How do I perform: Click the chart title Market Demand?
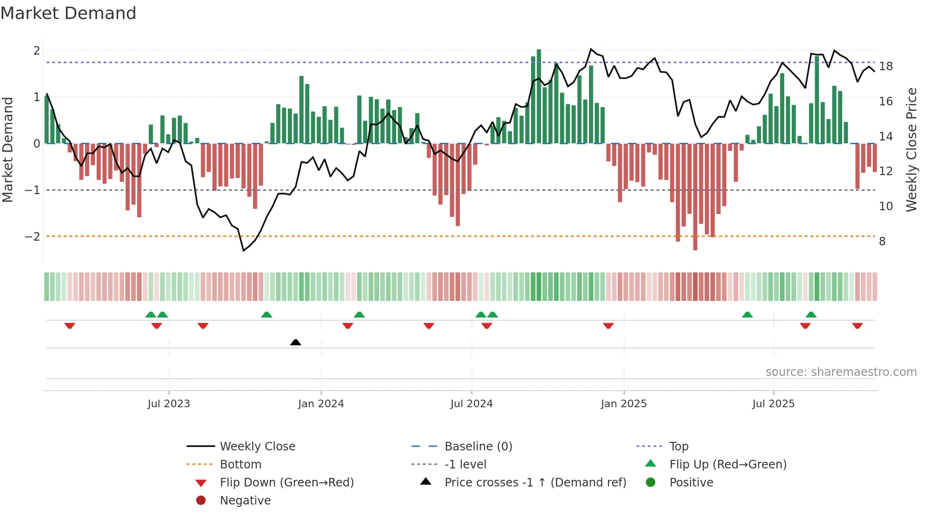(x=68, y=13)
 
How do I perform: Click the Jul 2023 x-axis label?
(x=169, y=404)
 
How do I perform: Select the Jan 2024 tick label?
(x=321, y=404)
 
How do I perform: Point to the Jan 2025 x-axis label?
(x=623, y=404)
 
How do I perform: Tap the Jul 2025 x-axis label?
(x=773, y=404)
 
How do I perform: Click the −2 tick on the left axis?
(x=32, y=236)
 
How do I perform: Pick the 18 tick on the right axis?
(x=885, y=66)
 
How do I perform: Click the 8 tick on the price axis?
(x=882, y=242)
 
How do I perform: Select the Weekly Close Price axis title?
(x=911, y=149)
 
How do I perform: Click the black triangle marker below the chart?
(x=295, y=342)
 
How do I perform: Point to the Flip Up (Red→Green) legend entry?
(x=728, y=465)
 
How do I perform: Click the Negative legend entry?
(x=245, y=501)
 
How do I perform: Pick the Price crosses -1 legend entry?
(x=535, y=483)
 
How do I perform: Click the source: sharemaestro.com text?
(x=841, y=372)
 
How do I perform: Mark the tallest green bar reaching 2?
(x=539, y=95)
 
